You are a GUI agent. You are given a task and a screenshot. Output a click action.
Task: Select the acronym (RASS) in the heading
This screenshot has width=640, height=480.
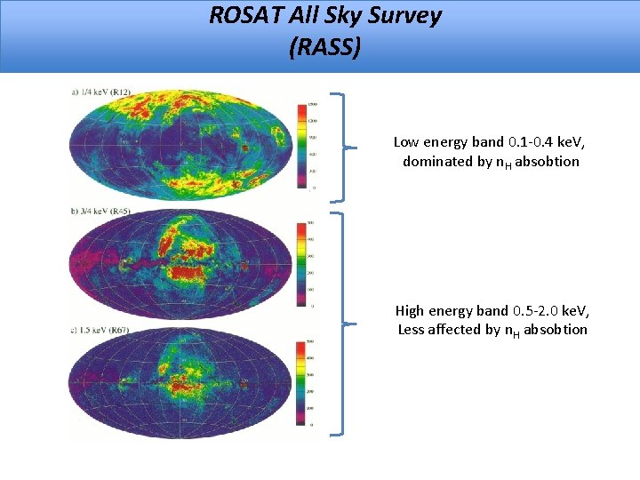(325, 46)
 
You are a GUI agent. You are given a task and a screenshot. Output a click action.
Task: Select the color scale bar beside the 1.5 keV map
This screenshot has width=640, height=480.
(301, 382)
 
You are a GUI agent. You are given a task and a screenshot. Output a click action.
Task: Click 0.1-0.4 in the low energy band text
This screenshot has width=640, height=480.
(528, 142)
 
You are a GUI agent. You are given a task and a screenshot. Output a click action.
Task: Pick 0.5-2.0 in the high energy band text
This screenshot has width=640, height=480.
(532, 310)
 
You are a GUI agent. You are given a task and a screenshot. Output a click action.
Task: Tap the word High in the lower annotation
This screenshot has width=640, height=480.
(410, 310)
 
